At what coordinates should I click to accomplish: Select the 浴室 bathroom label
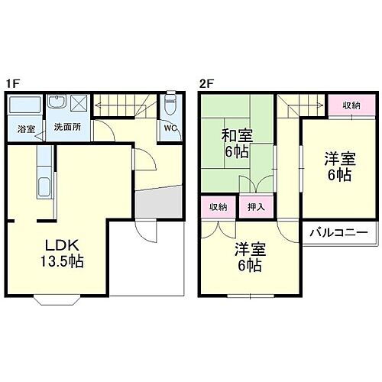click(27, 128)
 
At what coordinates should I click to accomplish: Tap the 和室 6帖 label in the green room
click(237, 143)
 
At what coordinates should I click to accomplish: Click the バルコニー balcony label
click(339, 233)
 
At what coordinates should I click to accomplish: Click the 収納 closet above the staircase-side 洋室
click(351, 105)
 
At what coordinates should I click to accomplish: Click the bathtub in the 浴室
click(27, 106)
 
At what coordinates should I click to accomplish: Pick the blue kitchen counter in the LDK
click(44, 176)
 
